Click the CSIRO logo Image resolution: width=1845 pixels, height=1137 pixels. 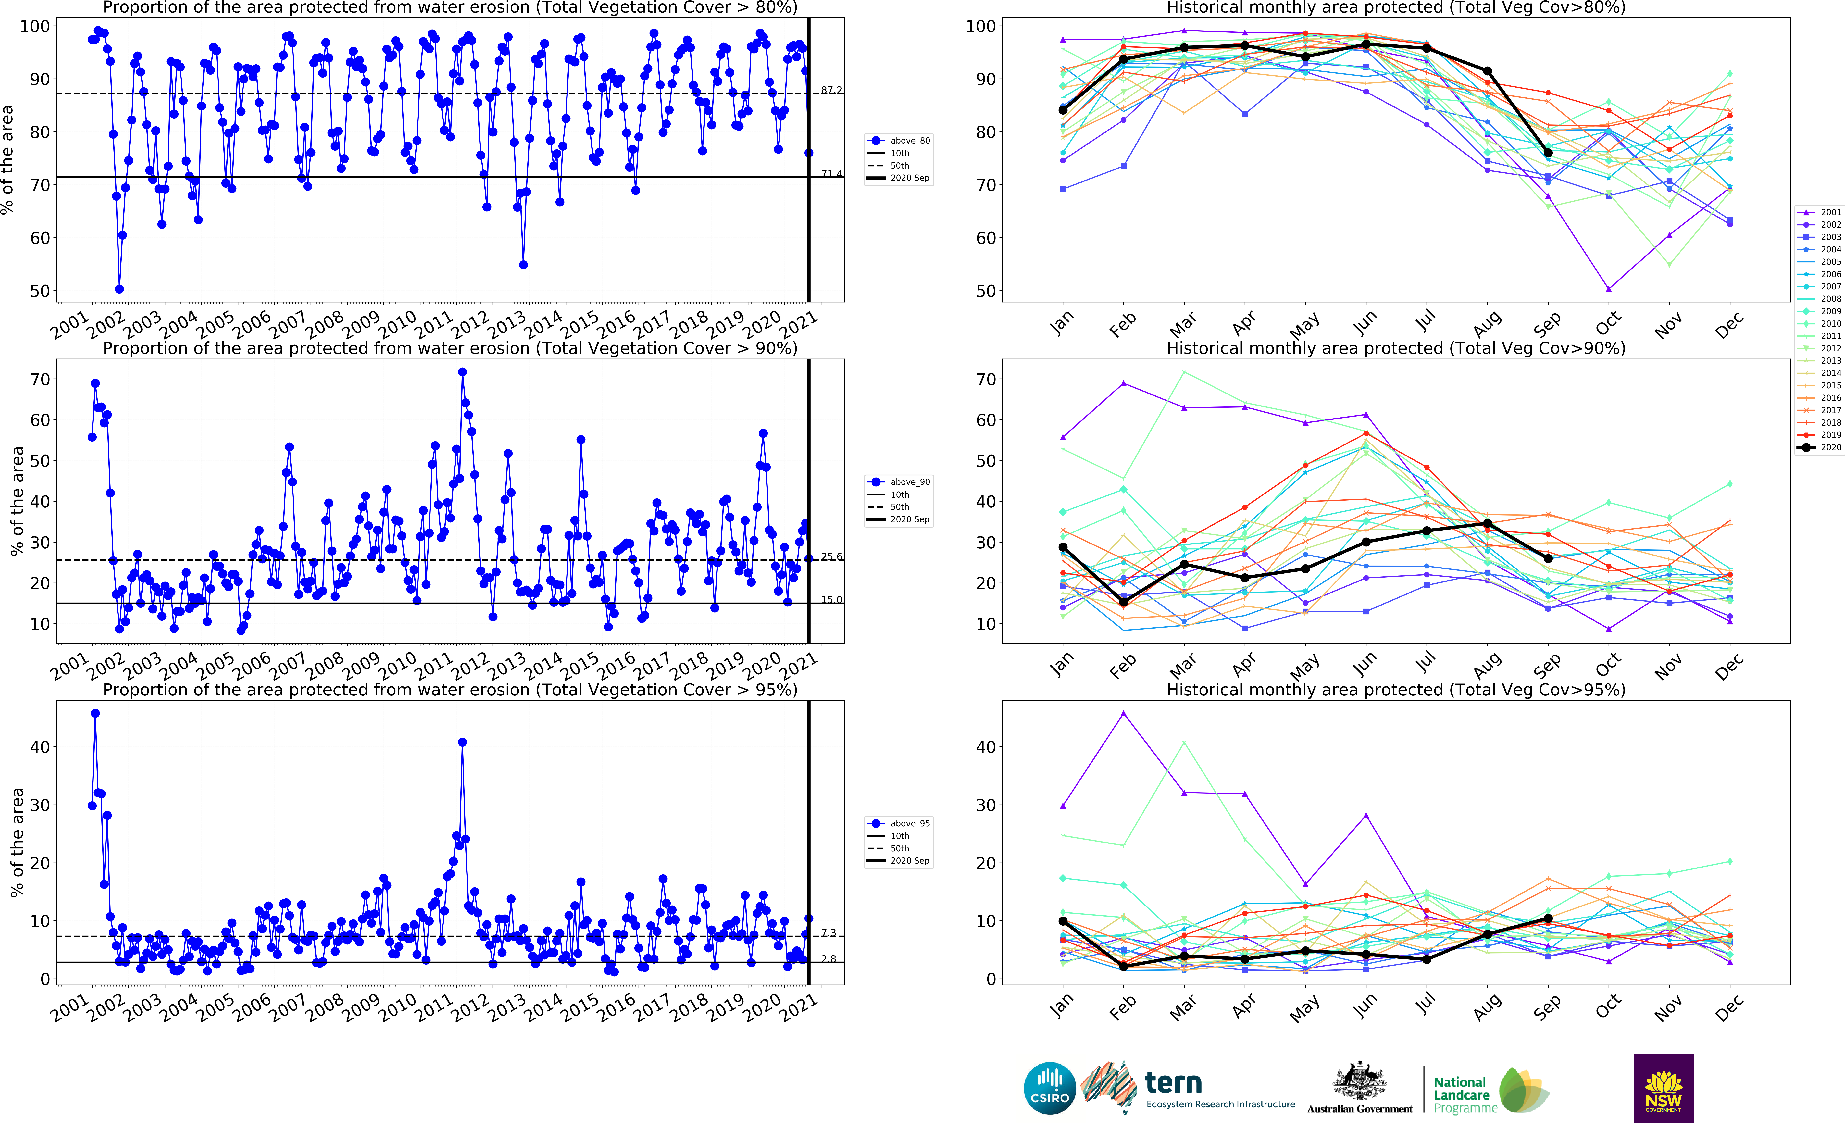1050,1088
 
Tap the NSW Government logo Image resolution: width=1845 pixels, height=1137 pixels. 1663,1088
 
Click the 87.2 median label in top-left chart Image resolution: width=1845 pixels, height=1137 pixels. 831,90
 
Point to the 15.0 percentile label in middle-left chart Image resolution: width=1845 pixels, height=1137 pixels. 831,599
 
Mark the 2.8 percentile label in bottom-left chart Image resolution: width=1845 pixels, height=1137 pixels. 829,959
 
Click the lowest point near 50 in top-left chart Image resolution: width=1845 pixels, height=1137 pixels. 119,289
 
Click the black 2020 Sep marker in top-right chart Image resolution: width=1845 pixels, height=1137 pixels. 1548,153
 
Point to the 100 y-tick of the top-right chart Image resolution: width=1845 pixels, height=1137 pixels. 980,26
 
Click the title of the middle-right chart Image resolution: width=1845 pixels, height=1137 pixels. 1395,348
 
